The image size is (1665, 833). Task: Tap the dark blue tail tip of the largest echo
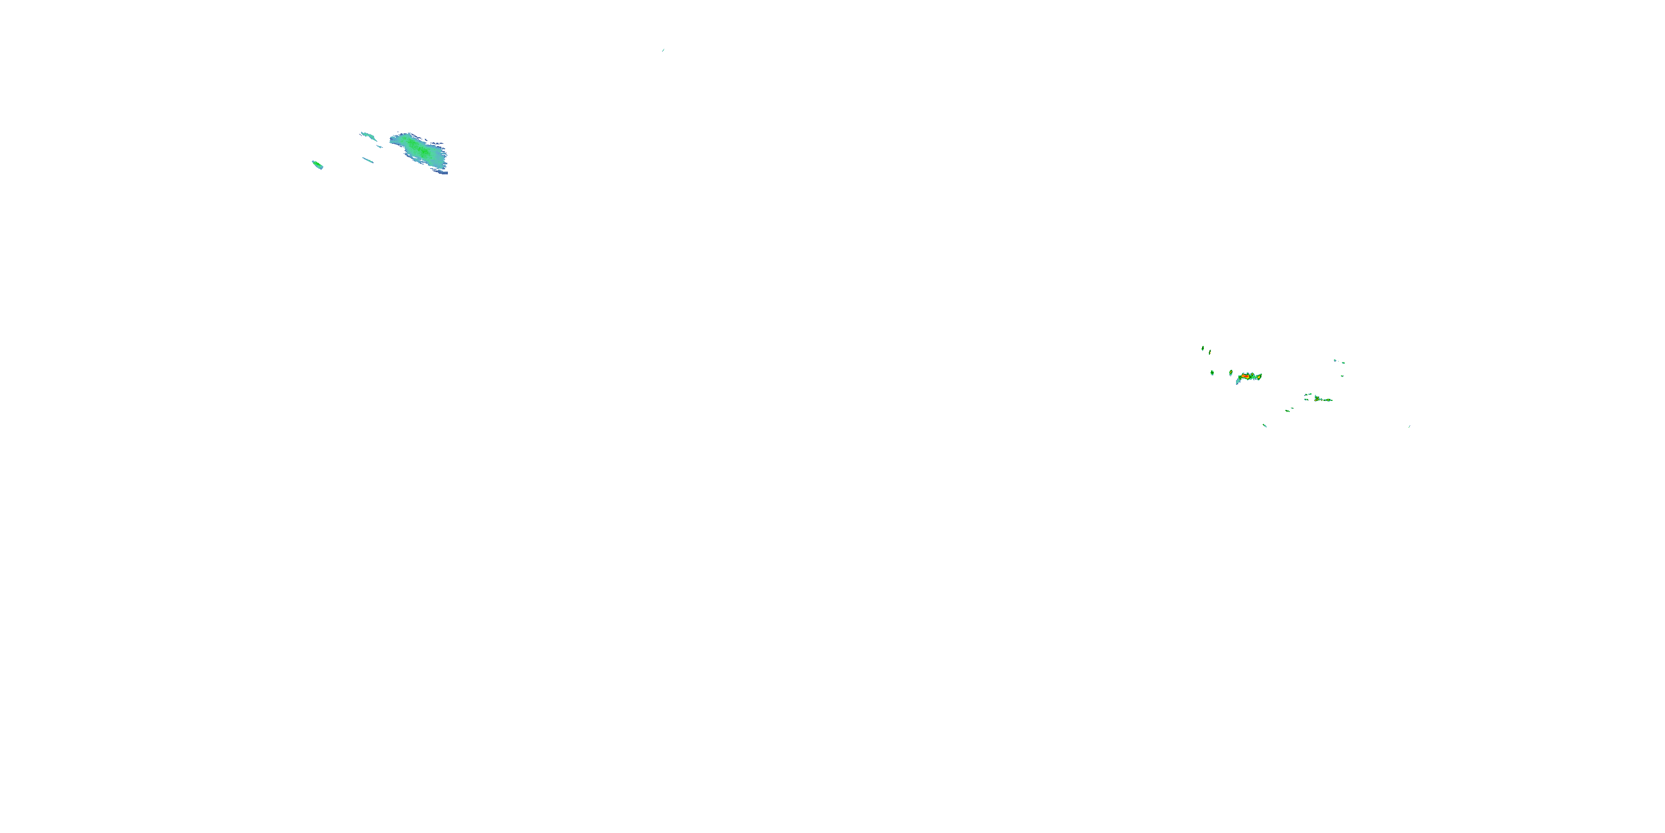tap(444, 172)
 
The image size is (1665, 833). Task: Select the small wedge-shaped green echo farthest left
tap(317, 165)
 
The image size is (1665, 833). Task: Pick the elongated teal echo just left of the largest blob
tap(369, 136)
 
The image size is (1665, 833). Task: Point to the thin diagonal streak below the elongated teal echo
tap(368, 160)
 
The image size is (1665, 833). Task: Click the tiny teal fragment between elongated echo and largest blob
tap(380, 146)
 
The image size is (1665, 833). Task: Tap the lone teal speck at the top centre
tap(663, 50)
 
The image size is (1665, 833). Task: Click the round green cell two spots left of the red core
tap(1213, 373)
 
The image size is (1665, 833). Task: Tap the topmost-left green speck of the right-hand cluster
tap(1203, 349)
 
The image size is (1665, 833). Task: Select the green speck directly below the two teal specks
tap(1343, 376)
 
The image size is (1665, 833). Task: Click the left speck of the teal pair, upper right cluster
tap(1335, 360)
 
